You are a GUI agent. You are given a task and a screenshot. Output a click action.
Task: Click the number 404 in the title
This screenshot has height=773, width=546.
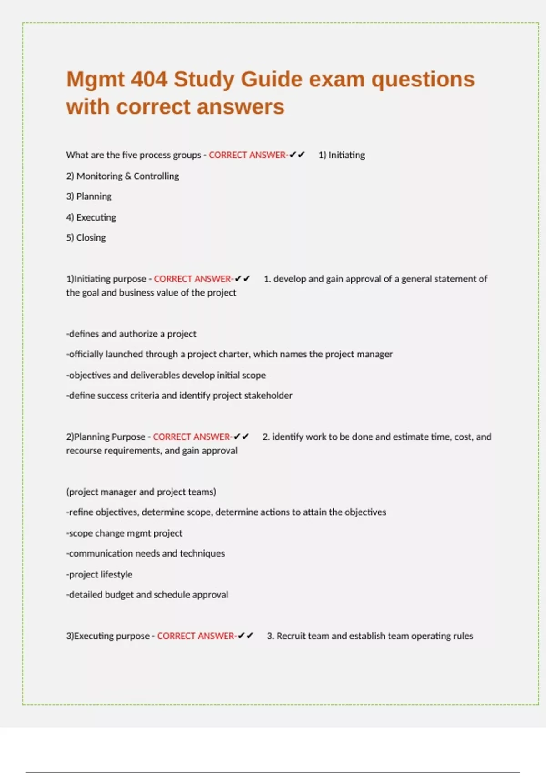click(149, 79)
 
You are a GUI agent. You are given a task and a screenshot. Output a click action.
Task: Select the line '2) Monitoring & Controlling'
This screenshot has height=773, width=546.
click(122, 176)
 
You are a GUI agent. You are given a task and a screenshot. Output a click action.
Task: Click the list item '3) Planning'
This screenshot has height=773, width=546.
click(89, 196)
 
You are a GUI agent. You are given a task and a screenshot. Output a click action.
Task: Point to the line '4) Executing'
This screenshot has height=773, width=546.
click(91, 217)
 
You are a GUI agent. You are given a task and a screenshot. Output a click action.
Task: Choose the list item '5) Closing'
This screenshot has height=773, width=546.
click(86, 238)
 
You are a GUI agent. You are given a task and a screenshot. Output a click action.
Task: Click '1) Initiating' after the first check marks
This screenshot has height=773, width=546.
click(342, 155)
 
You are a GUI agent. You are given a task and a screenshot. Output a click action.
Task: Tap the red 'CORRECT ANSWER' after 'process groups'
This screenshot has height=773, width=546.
click(248, 155)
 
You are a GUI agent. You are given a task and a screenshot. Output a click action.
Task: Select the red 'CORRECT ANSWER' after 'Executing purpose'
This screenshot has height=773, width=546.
click(196, 636)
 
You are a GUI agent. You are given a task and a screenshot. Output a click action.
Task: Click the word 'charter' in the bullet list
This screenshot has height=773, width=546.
click(234, 354)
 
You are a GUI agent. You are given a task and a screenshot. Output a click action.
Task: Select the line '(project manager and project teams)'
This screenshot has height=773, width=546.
click(141, 492)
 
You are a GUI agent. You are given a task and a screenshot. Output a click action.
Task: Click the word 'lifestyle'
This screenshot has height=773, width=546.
click(116, 574)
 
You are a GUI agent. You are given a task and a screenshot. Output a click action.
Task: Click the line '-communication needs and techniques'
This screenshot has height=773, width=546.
click(146, 553)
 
